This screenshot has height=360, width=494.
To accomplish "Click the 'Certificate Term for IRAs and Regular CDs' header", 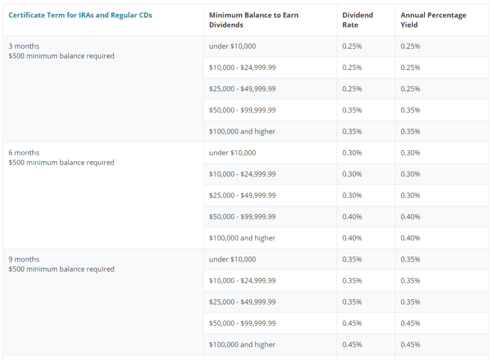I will coord(80,15).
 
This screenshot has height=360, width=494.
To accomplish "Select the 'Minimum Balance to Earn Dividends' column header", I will coord(253,20).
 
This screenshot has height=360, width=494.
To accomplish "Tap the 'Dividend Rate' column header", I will coord(357,20).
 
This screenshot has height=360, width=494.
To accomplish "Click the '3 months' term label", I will coord(24,46).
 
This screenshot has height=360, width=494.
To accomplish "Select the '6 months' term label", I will coord(24,153).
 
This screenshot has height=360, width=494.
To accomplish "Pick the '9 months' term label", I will coord(24,260).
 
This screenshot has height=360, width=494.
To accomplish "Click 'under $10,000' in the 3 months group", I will coord(232,46).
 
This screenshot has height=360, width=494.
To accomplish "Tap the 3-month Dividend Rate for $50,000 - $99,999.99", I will coord(352,110).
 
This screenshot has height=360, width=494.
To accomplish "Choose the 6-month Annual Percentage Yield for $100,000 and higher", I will coord(410,238).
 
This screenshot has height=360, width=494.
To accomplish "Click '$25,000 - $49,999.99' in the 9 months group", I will coord(242,302).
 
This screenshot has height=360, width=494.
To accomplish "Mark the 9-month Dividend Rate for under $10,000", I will coord(352,260).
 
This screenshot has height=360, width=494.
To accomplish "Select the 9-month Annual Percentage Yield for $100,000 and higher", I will coord(410,345).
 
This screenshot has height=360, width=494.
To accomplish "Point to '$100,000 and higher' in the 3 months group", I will coord(242,132).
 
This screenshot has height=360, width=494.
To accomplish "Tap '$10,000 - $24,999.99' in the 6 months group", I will coord(242,174).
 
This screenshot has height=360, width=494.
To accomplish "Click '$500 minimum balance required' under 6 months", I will coord(61,163).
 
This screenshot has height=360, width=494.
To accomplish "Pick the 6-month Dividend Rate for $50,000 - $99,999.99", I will coord(352,217).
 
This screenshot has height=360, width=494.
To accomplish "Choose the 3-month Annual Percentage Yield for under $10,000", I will coord(410,46).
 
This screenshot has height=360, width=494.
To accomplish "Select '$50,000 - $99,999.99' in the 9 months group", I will coord(242,323).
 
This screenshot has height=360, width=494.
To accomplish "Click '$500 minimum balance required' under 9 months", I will coord(61,269).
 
